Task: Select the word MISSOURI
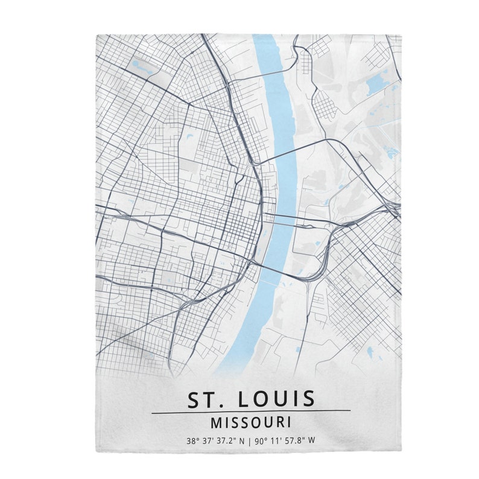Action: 250,422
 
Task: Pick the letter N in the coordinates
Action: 242,440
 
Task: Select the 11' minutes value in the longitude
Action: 277,440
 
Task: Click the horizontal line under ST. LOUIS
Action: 250,412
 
